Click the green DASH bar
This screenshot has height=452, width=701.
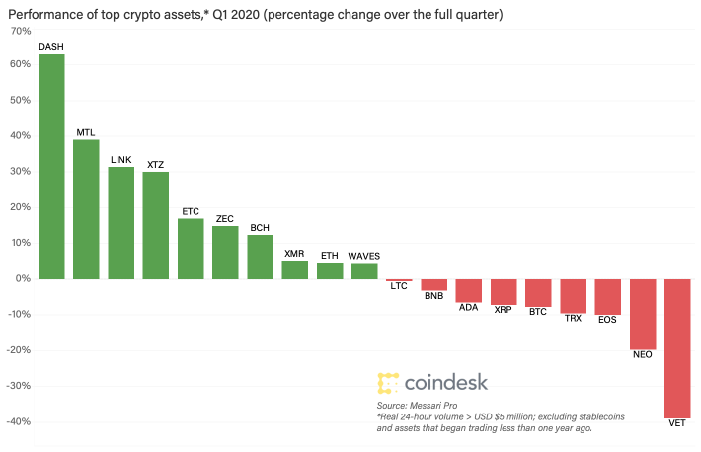[x=51, y=167]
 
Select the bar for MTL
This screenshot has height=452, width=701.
[x=86, y=209]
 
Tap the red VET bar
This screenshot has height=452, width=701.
[x=677, y=348]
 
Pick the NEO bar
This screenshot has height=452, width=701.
[x=643, y=314]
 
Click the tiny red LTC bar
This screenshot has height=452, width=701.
[x=399, y=280]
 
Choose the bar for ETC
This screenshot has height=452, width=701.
[x=191, y=249]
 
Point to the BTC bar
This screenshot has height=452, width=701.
[x=538, y=293]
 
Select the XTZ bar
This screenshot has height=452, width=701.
[x=156, y=226]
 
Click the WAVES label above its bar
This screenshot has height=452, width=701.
[x=364, y=257]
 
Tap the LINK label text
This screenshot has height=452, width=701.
[x=121, y=160]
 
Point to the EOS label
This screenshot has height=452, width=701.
[x=607, y=320]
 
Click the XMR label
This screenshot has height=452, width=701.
[x=294, y=254]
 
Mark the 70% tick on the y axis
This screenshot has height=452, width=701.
[x=21, y=31]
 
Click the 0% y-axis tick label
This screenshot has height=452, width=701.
[x=24, y=278]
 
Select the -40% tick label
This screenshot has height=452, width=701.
[x=19, y=421]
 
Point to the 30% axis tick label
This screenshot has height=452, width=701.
[x=21, y=172]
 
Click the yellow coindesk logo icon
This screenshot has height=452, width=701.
[x=388, y=383]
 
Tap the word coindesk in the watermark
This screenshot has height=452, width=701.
[x=446, y=383]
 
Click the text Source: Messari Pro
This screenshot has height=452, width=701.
[x=417, y=406]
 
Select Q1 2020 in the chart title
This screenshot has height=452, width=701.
[x=236, y=14]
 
